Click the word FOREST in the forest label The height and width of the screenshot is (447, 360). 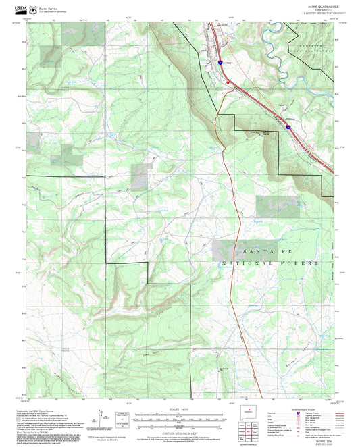click(301, 262)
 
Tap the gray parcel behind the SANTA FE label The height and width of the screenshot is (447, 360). click(227, 248)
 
